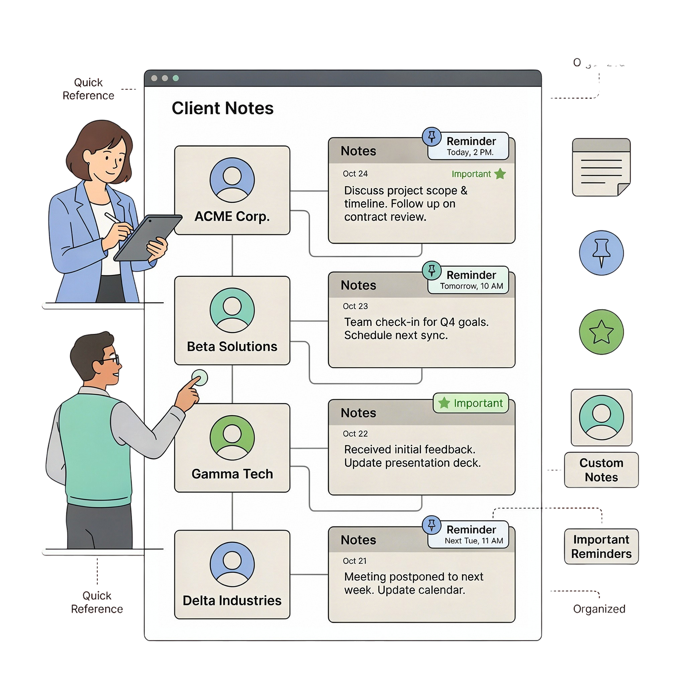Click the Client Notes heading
(222, 108)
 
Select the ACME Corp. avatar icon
(232, 180)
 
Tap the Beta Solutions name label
(232, 347)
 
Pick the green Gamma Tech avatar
(232, 437)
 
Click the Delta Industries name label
(232, 601)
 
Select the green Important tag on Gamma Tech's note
(471, 403)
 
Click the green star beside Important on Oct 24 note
(500, 174)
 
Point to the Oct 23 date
(355, 306)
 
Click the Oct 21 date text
(355, 561)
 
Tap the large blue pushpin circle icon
(601, 253)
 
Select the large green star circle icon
(601, 332)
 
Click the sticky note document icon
(601, 167)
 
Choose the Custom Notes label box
(601, 470)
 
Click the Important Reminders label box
(601, 547)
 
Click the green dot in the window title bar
(176, 78)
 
